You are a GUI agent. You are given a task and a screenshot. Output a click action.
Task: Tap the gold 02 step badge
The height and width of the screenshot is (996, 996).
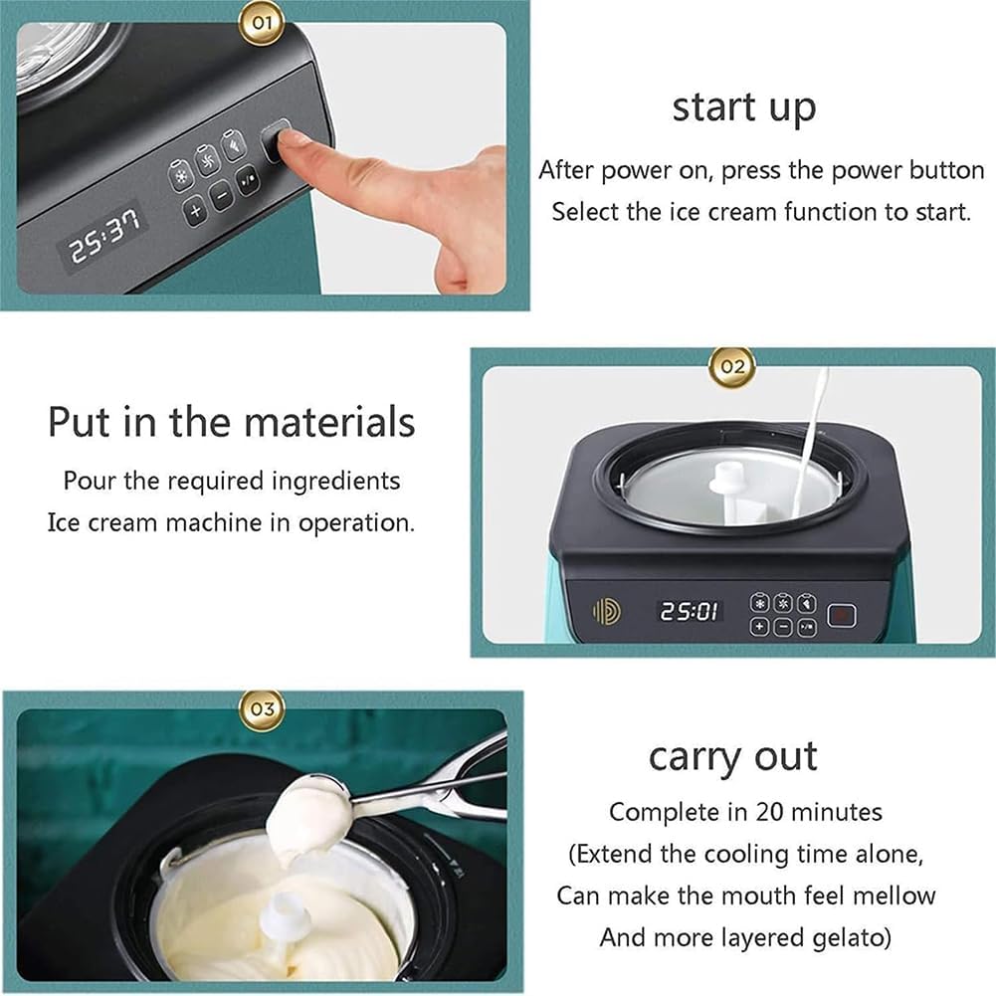coord(731,365)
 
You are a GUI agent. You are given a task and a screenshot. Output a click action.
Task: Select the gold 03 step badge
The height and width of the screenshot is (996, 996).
coord(262,708)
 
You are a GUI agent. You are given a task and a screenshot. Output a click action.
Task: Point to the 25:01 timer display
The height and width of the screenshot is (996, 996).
coord(689,611)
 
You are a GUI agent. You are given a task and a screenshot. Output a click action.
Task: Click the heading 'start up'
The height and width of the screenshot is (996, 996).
coord(743,107)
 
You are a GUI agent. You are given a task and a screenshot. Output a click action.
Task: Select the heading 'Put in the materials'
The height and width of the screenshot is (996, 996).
coord(231,422)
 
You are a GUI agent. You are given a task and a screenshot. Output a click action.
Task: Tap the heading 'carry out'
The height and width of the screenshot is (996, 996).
coord(732,757)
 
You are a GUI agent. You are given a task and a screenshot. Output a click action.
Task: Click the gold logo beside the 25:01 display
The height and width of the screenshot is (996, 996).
coord(606,611)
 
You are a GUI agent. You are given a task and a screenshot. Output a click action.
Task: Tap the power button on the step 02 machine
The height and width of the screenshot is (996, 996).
coord(842,615)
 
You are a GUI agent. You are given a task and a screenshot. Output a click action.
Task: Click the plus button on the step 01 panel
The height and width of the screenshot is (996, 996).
coord(195,210)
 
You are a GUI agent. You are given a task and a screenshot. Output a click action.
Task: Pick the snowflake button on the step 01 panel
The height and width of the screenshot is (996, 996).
coord(180,175)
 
